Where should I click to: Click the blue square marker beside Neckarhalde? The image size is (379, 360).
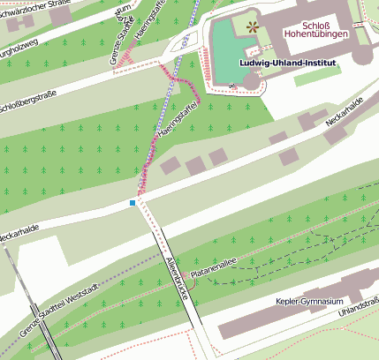pos(133,203)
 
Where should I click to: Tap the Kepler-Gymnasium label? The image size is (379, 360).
pos(308,302)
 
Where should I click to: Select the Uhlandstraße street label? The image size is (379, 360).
pos(360,306)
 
